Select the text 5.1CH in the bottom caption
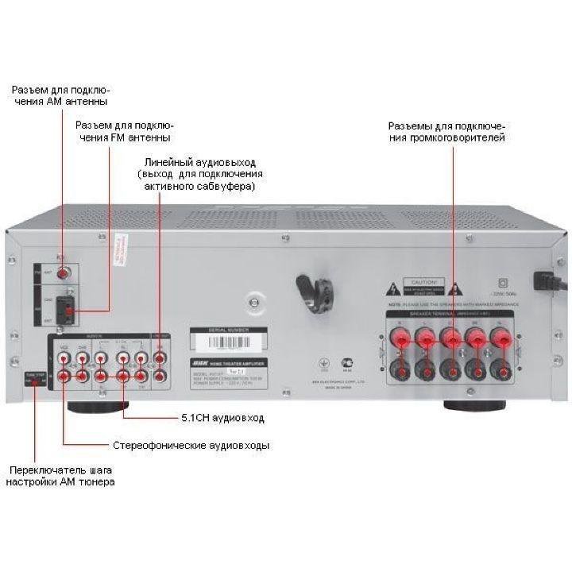tap(196, 417)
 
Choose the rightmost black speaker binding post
tap(501, 370)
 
